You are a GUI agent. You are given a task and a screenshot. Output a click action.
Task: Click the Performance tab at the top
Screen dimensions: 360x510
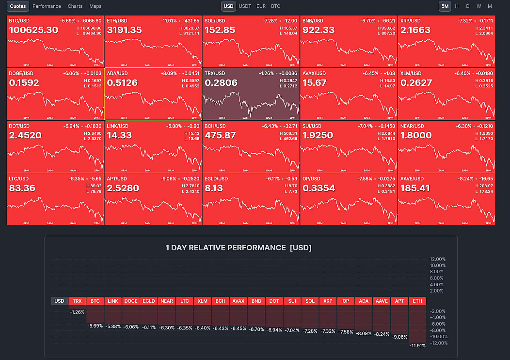pyautogui.click(x=47, y=6)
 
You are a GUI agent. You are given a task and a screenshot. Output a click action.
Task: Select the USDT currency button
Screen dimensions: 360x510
pyautogui.click(x=245, y=6)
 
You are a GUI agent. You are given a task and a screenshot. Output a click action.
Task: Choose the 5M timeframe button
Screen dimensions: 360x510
pyautogui.click(x=445, y=6)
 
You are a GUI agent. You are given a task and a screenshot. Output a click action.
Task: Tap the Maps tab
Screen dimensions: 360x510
pyautogui.click(x=96, y=6)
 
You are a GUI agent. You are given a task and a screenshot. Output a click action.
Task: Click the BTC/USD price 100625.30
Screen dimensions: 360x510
pyautogui.click(x=33, y=30)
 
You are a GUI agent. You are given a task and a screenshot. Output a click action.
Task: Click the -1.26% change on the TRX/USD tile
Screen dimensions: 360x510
pyautogui.click(x=267, y=73)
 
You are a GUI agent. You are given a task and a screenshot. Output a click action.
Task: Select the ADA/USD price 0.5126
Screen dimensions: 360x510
pyautogui.click(x=122, y=83)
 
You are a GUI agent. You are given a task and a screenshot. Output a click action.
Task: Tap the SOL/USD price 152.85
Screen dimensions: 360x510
pyautogui.click(x=220, y=30)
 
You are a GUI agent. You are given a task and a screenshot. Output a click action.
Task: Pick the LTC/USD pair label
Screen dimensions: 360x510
pyautogui.click(x=19, y=179)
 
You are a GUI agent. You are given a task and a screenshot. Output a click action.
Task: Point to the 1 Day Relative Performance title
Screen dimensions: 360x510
pyautogui.click(x=239, y=248)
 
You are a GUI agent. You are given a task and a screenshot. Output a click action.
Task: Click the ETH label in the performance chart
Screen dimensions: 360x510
pyautogui.click(x=417, y=301)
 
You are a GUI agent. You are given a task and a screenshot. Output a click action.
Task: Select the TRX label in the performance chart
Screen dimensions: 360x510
pyautogui.click(x=77, y=301)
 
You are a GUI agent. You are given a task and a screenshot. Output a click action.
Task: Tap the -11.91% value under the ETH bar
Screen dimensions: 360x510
pyautogui.click(x=417, y=346)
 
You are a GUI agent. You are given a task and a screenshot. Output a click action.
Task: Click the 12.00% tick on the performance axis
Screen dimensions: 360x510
pyautogui.click(x=438, y=259)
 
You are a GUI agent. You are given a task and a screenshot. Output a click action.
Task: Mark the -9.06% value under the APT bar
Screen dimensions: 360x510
pyautogui.click(x=399, y=337)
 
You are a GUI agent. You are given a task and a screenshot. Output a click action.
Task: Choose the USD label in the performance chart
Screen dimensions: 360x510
pyautogui.click(x=59, y=301)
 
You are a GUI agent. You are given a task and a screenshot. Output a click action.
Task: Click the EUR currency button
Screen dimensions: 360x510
pyautogui.click(x=261, y=6)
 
